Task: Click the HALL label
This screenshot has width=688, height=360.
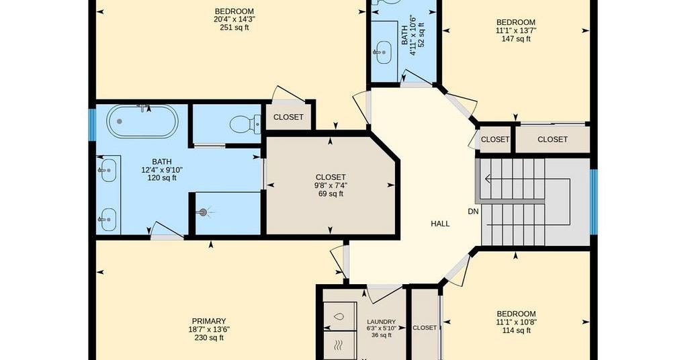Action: coord(440,224)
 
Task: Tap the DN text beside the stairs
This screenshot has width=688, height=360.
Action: coord(473,212)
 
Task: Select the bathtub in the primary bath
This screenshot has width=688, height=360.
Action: coord(142,122)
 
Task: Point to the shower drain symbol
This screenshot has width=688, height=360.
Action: coord(202,213)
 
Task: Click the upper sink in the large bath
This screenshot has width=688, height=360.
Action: coord(108,170)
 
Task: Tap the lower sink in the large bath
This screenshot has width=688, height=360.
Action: coord(108,220)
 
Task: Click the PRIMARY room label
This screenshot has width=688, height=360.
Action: coord(209,322)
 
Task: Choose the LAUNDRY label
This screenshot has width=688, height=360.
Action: coord(381,322)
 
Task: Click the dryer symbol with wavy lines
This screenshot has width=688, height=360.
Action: coord(339,346)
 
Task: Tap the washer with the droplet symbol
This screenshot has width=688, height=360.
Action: coord(339,316)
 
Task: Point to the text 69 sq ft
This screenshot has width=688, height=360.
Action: coord(331,194)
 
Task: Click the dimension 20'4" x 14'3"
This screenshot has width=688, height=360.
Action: coord(234,19)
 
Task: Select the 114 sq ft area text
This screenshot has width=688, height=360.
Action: coord(516,330)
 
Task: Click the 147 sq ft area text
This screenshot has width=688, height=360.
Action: coord(516,38)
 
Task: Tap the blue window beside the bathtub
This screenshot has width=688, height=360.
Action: coord(92,125)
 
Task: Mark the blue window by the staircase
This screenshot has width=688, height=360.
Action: coord(594,201)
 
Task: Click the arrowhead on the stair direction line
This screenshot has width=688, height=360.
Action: coord(488,179)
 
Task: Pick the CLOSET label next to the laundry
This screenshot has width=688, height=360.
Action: coord(425,328)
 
